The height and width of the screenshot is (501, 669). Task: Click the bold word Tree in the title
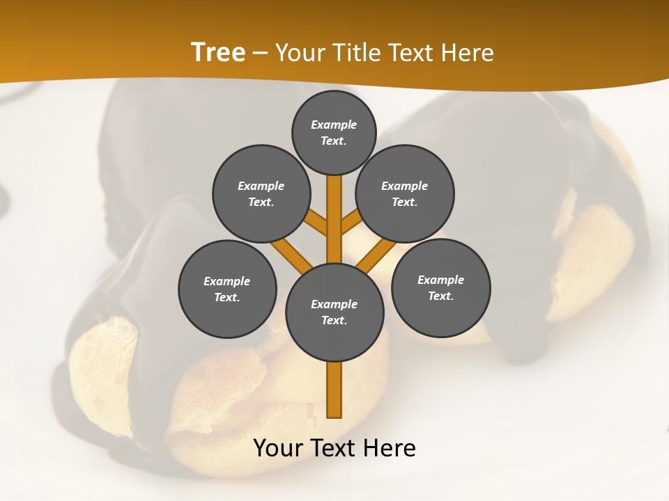coord(218,53)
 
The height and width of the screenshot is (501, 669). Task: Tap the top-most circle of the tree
coord(334,132)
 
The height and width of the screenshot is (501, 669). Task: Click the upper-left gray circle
coord(261,193)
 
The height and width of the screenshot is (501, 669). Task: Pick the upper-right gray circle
coord(405,193)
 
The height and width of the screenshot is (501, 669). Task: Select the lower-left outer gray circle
coord(227,289)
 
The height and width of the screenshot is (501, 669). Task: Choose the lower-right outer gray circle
coord(440,287)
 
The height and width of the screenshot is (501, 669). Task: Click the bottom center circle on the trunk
coord(334,312)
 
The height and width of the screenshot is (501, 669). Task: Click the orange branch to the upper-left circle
coord(316,223)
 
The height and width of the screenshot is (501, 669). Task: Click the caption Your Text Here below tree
coord(334,448)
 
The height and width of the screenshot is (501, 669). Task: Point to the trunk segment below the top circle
coord(334,209)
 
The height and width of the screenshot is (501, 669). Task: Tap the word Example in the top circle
coord(334,125)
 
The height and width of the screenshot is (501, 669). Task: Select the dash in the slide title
coord(261,53)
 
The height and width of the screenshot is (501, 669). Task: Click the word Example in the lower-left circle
coord(227,281)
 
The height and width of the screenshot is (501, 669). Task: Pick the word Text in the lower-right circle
coord(440,296)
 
